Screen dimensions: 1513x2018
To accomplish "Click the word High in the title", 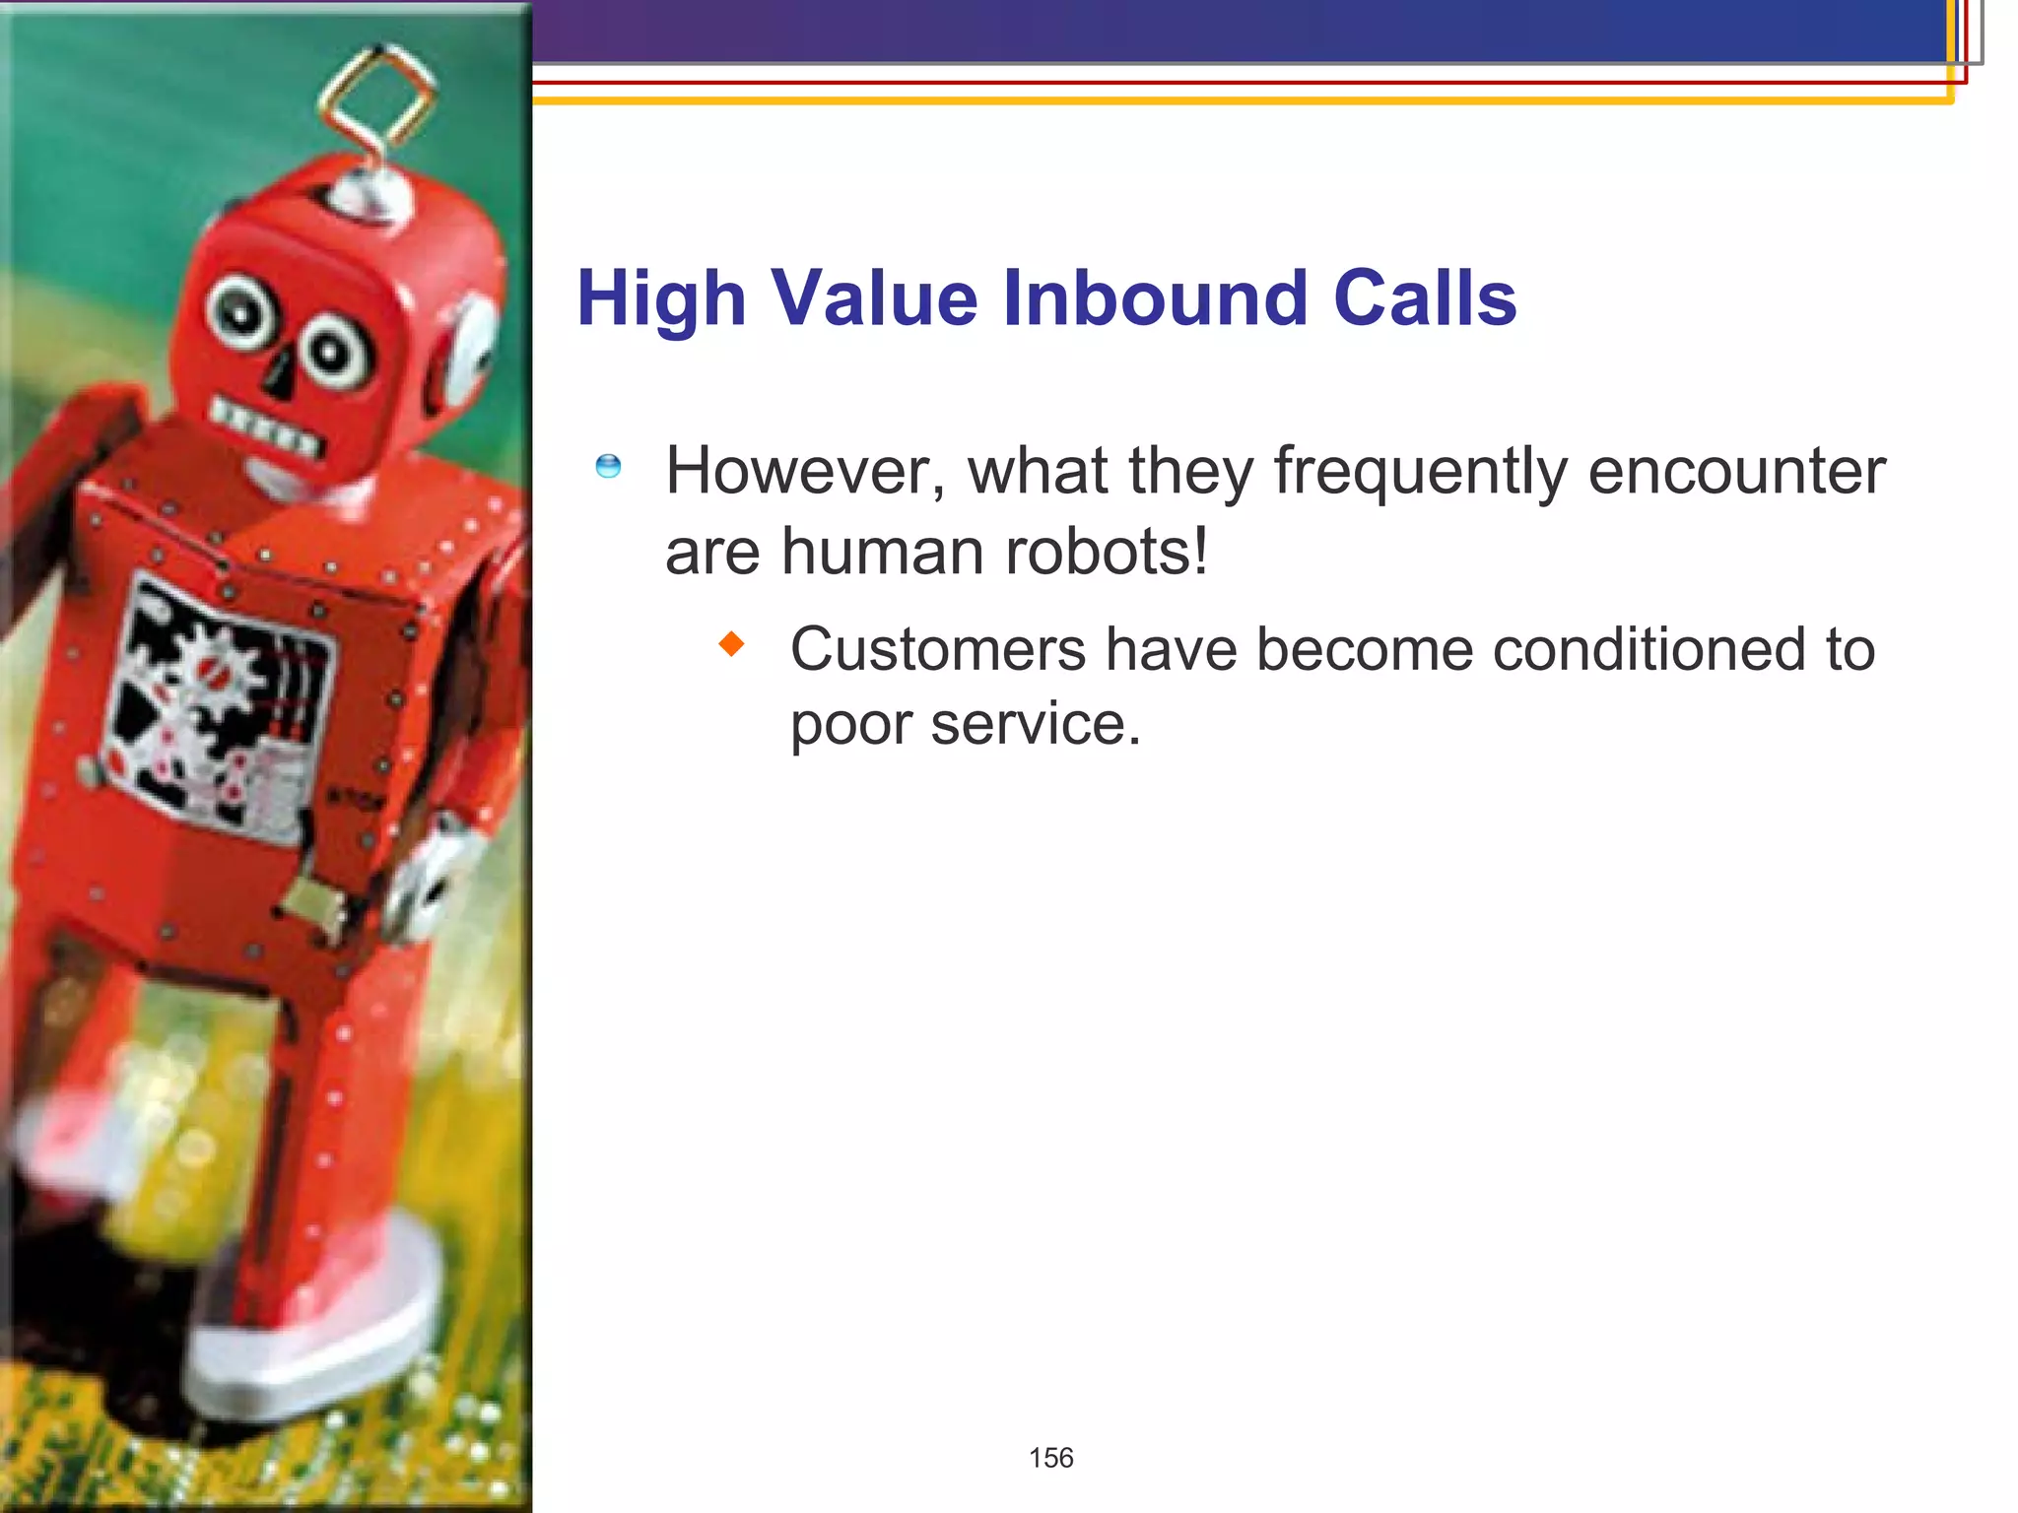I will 660,299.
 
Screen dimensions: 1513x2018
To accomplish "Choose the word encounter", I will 1736,472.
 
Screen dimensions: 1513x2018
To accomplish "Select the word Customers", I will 937,650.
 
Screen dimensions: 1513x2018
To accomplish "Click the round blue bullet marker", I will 608,466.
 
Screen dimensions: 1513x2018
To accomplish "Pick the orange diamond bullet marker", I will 731,645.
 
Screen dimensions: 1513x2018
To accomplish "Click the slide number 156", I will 1050,1458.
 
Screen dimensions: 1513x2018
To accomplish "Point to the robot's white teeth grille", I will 266,426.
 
